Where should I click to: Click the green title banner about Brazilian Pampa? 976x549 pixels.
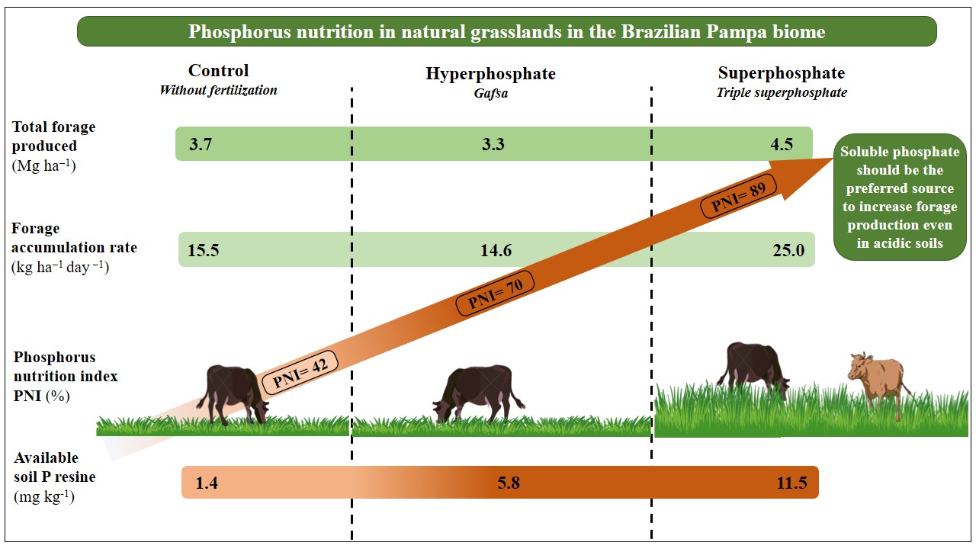coord(506,32)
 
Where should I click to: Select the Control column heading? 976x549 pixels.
coord(218,71)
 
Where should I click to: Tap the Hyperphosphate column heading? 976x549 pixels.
coord(490,74)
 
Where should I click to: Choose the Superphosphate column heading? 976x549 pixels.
coord(781,73)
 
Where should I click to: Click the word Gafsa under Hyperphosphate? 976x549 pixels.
coord(491,93)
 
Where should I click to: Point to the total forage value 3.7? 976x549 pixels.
coord(201,144)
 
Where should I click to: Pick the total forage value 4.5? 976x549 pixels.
coord(782,144)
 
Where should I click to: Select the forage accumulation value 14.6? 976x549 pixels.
coord(496,250)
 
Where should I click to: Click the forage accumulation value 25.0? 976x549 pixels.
coord(788,250)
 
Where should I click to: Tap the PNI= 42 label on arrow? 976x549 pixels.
coord(295,373)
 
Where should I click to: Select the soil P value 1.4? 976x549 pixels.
coord(207,483)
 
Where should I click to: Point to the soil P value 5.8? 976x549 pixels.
coord(507,483)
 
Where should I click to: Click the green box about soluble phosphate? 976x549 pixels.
coord(900,197)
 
